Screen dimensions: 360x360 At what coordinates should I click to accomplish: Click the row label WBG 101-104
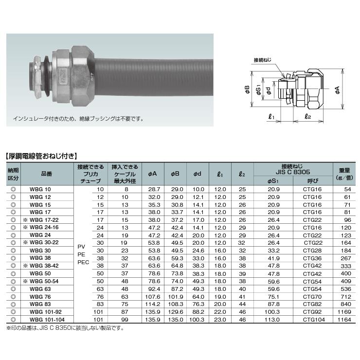pyautogui.click(x=47, y=319)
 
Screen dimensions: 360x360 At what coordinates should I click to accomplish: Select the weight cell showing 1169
pyautogui.click(x=344, y=312)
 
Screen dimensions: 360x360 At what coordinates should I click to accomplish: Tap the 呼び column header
pyautogui.click(x=313, y=181)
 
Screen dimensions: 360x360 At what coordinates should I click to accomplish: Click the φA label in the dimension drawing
pyautogui.click(x=337, y=90)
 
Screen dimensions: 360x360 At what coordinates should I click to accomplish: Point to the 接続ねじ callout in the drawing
pyautogui.click(x=262, y=60)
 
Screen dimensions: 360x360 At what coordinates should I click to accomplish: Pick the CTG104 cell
pyautogui.click(x=314, y=319)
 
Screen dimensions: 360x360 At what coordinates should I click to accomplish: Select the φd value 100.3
pyautogui.click(x=197, y=319)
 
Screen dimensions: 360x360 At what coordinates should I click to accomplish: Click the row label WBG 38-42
pyautogui.click(x=44, y=266)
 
